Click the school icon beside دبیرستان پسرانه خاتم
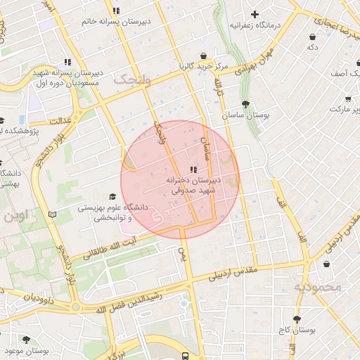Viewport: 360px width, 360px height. coord(116,11)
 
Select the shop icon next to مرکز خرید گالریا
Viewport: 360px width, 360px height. coord(203,56)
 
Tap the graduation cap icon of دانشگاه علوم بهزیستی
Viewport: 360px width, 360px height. coord(112,197)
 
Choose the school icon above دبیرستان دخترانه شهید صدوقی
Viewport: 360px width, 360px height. coord(193,169)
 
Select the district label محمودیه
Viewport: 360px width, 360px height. coord(317,287)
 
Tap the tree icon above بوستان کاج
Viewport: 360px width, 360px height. coord(297,319)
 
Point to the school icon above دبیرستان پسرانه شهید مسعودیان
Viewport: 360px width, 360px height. coord(67,62)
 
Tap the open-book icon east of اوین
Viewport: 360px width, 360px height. coord(52,214)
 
